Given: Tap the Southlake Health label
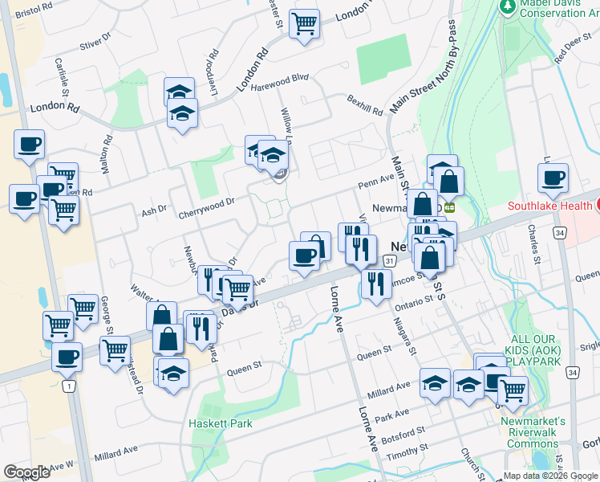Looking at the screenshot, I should pyautogui.click(x=553, y=206).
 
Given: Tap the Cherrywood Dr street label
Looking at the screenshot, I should pyautogui.click(x=207, y=203).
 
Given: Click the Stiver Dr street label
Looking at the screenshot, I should pyautogui.click(x=93, y=43).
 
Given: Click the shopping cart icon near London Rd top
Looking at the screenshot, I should pyautogui.click(x=304, y=24).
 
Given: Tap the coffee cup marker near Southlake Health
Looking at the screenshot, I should pyautogui.click(x=553, y=179).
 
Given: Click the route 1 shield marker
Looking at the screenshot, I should pyautogui.click(x=70, y=386).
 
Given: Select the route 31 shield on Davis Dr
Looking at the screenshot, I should pyautogui.click(x=389, y=261).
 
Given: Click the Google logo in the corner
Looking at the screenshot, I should pyautogui.click(x=26, y=472).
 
